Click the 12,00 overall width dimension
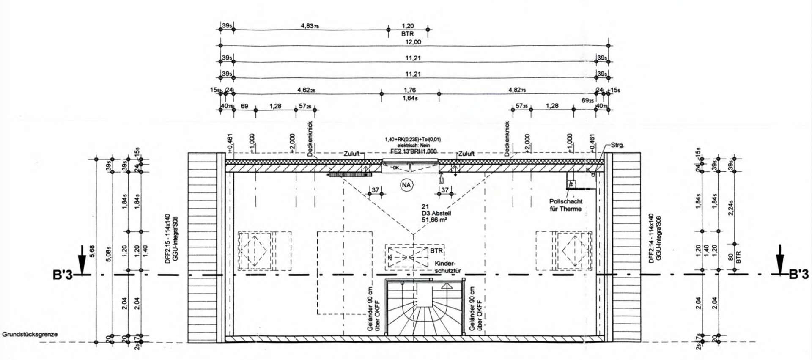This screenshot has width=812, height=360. pyautogui.click(x=413, y=42)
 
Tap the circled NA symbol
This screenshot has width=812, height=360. pyautogui.click(x=406, y=185)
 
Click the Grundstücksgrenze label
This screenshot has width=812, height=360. pyautogui.click(x=30, y=334)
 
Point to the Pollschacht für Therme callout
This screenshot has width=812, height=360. pyautogui.click(x=565, y=205)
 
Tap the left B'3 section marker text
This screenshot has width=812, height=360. pyautogui.click(x=63, y=275)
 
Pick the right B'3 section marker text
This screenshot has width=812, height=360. pyautogui.click(x=799, y=275)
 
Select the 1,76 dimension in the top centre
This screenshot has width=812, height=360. pyautogui.click(x=410, y=90)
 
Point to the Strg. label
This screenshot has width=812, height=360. pyautogui.click(x=617, y=145)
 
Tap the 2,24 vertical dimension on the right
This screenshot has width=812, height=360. pyautogui.click(x=731, y=207)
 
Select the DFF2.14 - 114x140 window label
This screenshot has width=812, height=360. pyautogui.click(x=652, y=239)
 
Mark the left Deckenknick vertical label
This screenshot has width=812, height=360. pyautogui.click(x=310, y=139)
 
